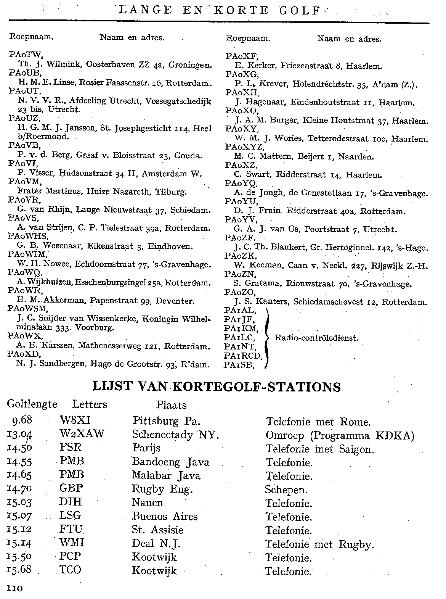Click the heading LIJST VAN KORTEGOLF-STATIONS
pos(217,387)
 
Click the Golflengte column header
pos(32,404)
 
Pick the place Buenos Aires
pos(165,517)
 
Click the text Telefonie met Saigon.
pos(319,449)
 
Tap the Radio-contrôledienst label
pos(317,338)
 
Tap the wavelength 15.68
pos(20,570)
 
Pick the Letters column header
pos(90,404)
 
